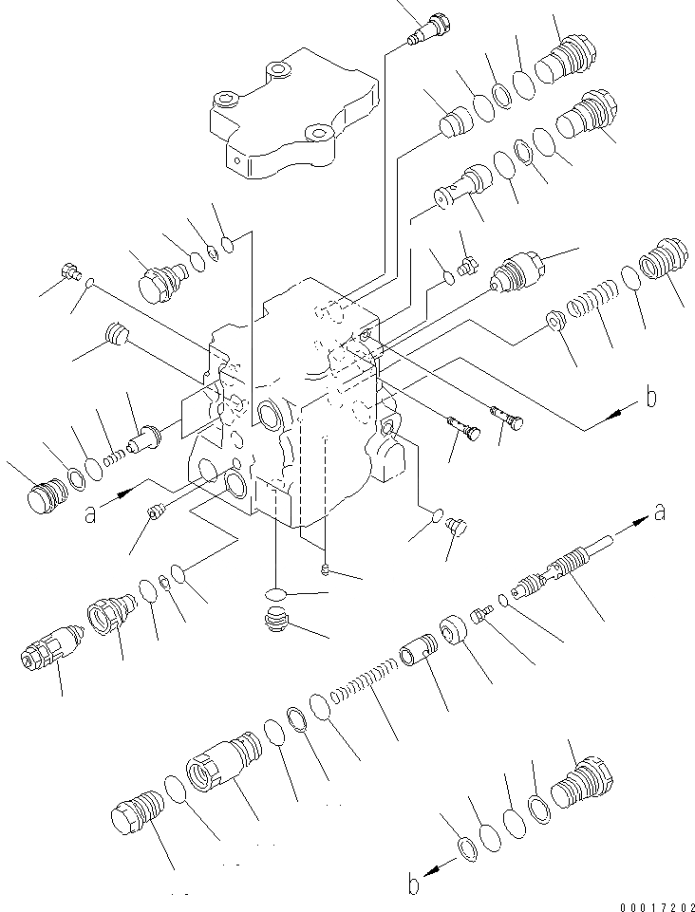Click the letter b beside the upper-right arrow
(649, 398)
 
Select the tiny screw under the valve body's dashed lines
(325, 569)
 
